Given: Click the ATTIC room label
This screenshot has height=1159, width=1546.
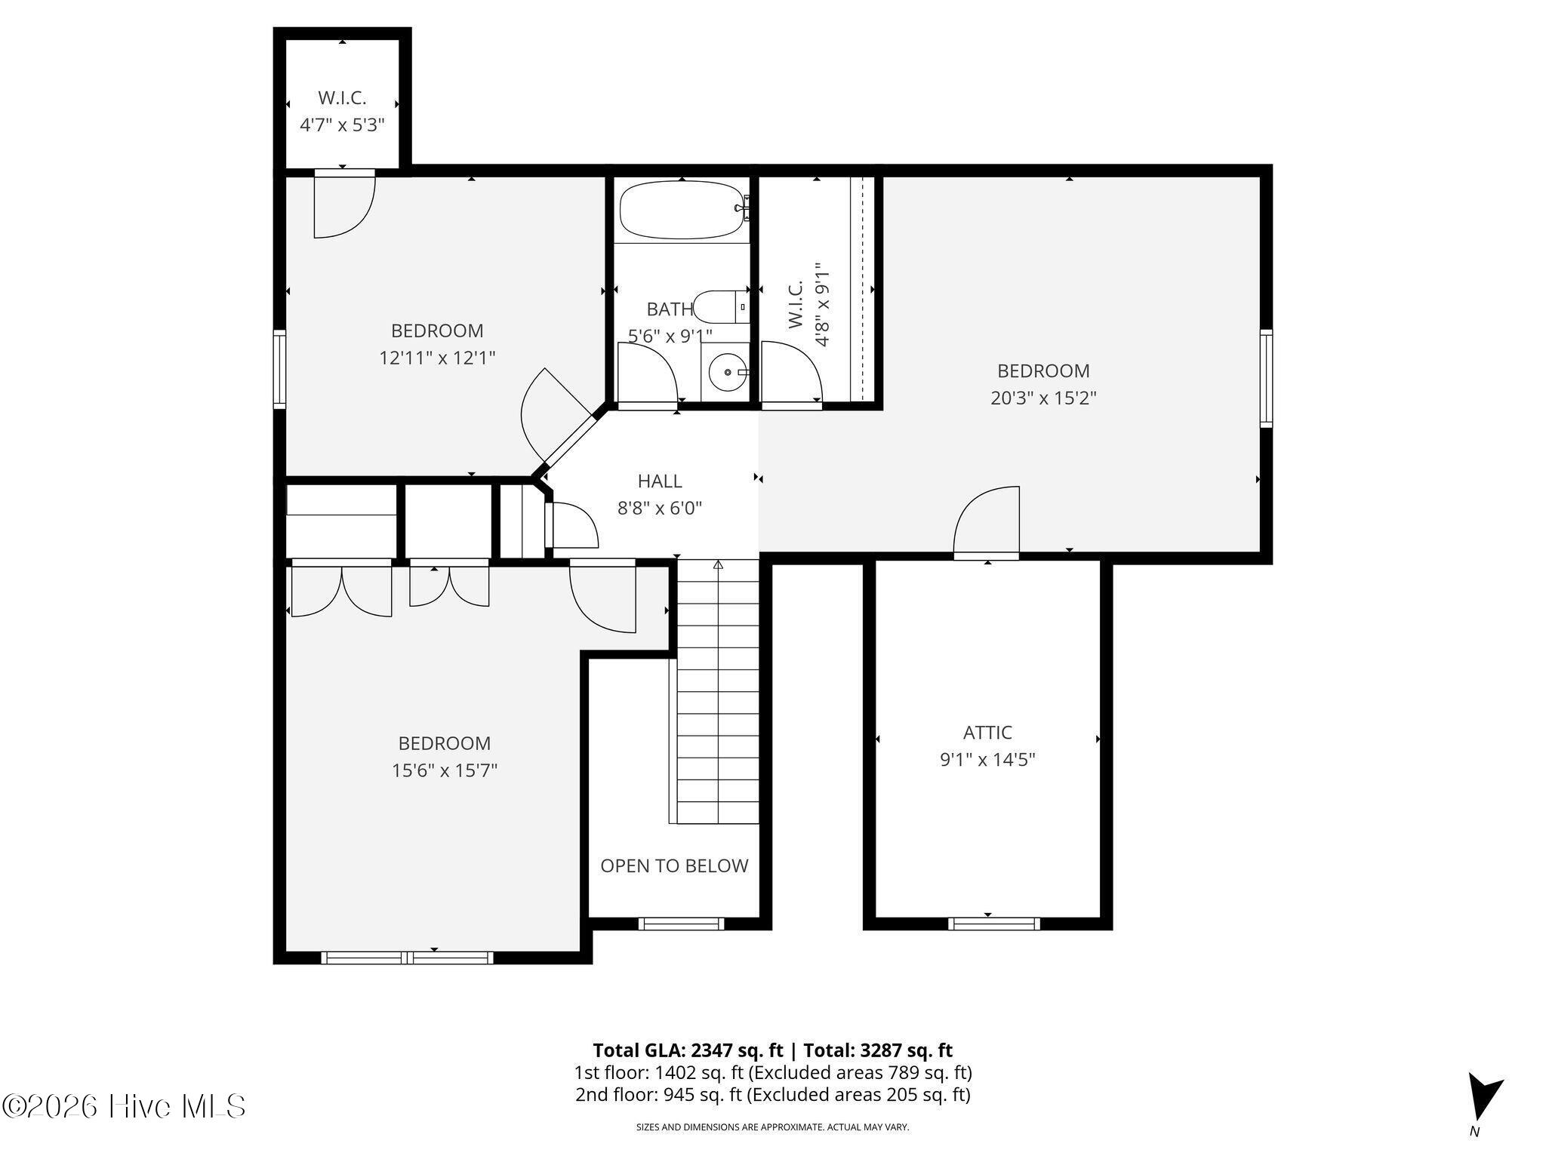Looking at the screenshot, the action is pos(987,732).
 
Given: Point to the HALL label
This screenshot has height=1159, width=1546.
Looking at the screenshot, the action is pos(660,481).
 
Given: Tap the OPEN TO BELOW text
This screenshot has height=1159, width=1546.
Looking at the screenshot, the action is pos(674,865).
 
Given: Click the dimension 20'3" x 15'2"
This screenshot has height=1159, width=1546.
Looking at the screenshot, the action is pos(1043,398).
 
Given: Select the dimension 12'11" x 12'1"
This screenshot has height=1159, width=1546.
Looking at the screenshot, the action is pos(437,357).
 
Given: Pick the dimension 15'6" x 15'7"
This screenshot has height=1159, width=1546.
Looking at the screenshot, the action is pos(445,770).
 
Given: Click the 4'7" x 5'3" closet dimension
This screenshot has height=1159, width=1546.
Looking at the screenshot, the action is pos(342,125).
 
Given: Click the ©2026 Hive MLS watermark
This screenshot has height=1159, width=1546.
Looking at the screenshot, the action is pos(124,1106).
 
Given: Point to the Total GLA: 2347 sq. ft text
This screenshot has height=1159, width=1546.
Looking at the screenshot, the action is pos(688,1050).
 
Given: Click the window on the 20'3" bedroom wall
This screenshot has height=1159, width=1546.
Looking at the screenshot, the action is pos(1266,378).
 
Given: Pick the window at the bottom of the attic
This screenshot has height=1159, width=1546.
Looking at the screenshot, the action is pos(993,923).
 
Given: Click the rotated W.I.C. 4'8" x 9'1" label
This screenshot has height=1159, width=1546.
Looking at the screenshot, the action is pos(808,305).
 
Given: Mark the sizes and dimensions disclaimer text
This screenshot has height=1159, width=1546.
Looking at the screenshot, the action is pos(772,1127).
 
